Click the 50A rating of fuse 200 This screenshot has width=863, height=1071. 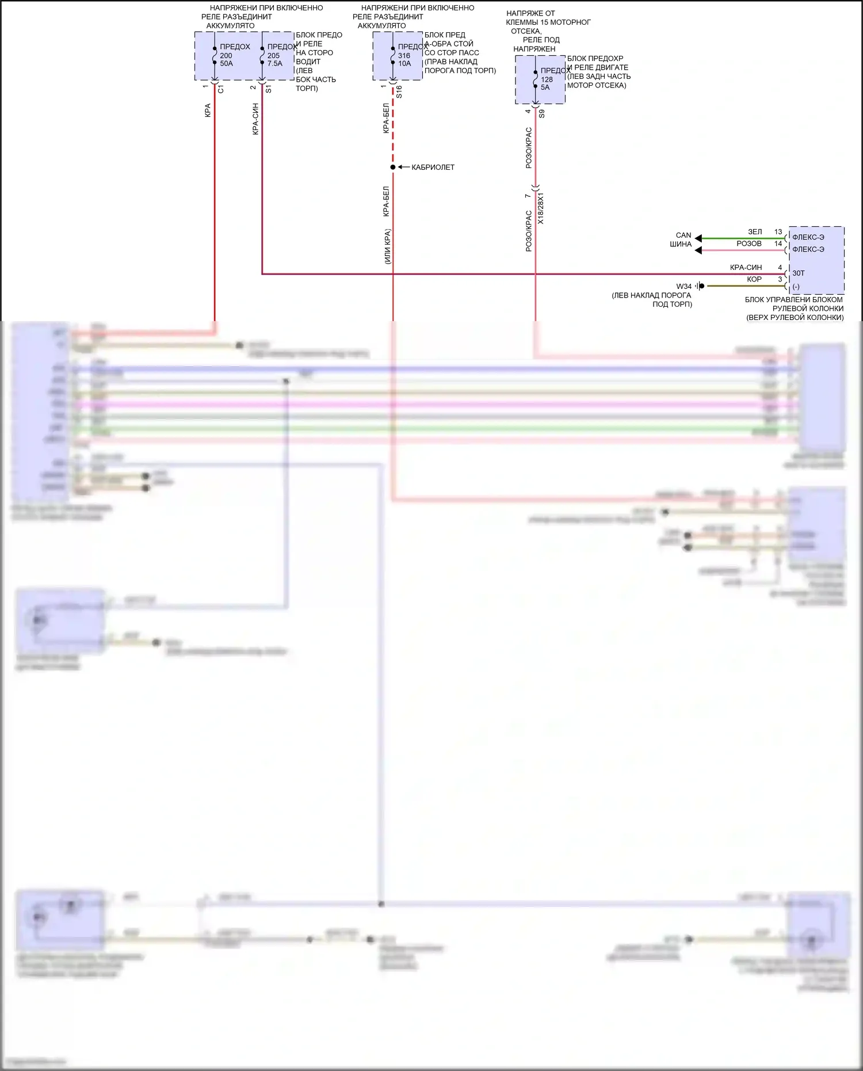[x=226, y=64]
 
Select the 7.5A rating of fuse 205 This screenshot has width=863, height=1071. [x=274, y=64]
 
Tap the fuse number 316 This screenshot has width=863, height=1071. [x=404, y=56]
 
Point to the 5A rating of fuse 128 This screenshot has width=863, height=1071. [x=545, y=87]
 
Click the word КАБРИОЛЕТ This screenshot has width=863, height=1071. [x=433, y=167]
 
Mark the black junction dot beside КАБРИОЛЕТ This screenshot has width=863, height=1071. [x=393, y=167]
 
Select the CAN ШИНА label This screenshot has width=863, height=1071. [x=682, y=239]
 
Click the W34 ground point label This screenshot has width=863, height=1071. [x=683, y=286]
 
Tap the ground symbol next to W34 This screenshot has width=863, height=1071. [x=700, y=286]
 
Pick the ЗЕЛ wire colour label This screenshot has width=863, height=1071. [x=754, y=232]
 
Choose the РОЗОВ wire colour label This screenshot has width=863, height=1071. [x=749, y=244]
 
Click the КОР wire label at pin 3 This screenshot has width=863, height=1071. [x=754, y=280]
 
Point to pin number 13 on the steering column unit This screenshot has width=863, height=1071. [x=778, y=232]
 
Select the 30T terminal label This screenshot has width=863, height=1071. [x=799, y=273]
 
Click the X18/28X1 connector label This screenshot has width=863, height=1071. [x=540, y=208]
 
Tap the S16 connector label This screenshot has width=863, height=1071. [x=399, y=92]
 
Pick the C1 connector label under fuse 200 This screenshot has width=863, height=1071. [x=221, y=90]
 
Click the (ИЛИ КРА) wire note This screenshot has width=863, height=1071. [x=387, y=246]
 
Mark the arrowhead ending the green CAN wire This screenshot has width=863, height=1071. [x=698, y=238]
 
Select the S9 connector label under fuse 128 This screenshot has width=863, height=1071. [x=542, y=114]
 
